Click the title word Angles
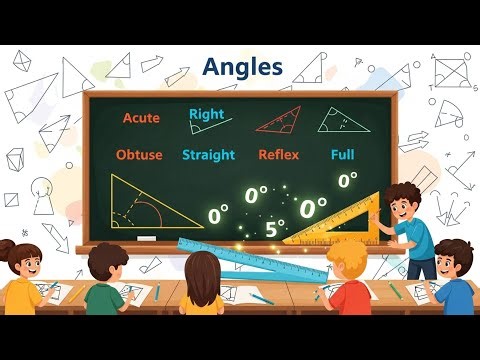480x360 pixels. click(x=242, y=68)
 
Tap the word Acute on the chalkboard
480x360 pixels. click(x=141, y=118)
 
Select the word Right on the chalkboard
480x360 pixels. click(x=206, y=114)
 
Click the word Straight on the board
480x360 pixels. click(x=208, y=155)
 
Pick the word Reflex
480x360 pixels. click(x=278, y=155)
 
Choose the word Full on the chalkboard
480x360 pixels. click(x=342, y=155)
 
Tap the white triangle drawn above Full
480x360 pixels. click(x=337, y=122)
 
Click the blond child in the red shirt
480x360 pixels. click(x=350, y=285)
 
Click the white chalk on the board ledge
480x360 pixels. click(x=147, y=238)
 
